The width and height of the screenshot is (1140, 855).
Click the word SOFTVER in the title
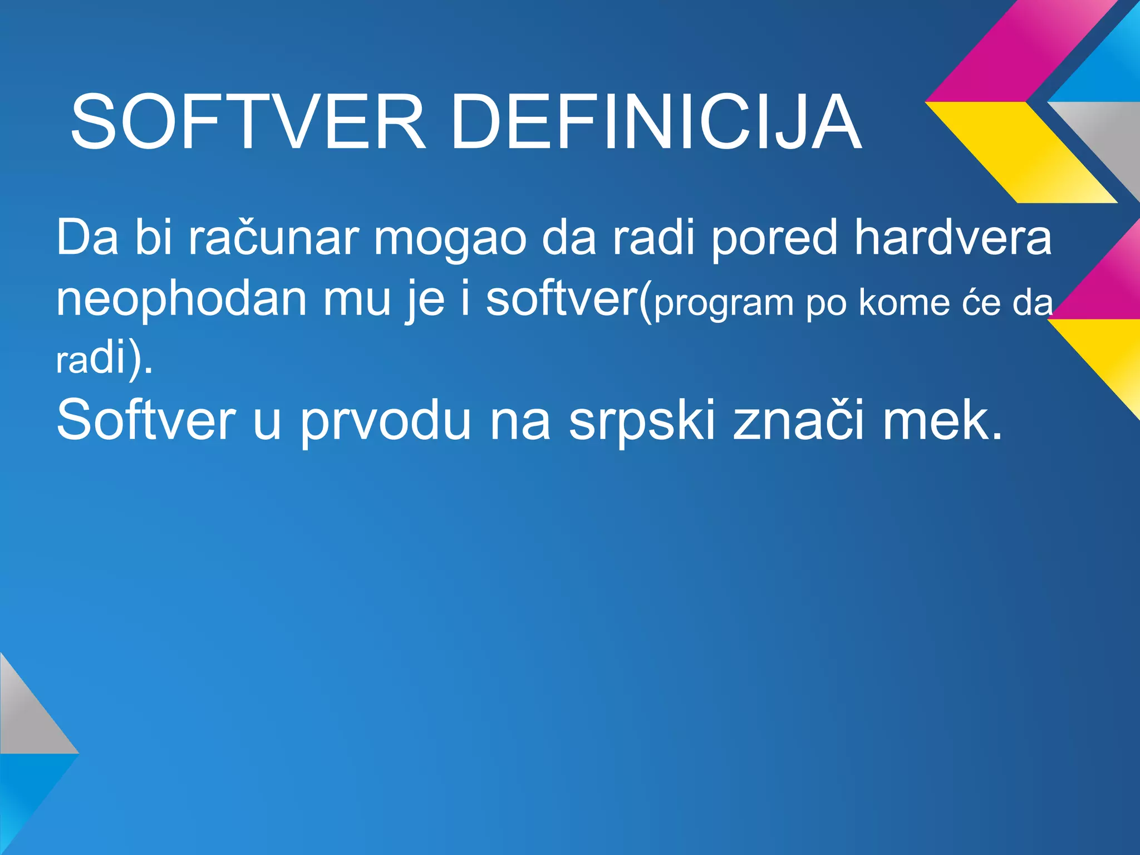(x=248, y=122)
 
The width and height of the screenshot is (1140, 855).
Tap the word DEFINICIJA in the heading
(x=656, y=122)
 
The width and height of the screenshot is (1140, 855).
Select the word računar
(x=273, y=238)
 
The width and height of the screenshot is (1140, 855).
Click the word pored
(x=774, y=238)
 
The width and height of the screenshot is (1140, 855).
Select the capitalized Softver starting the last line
(x=146, y=420)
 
